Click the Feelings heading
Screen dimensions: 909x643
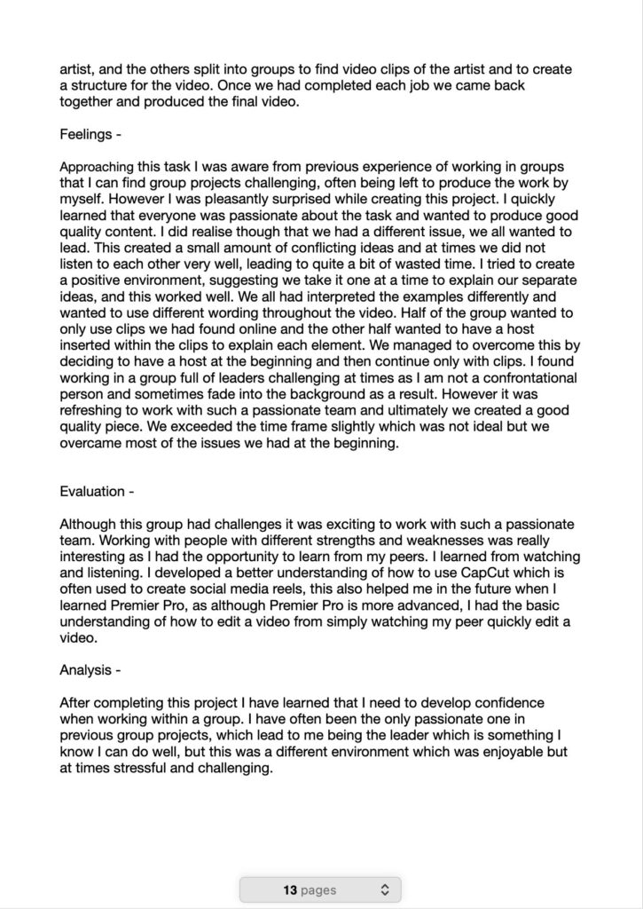[90, 136]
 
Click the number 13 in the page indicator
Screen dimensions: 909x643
[289, 889]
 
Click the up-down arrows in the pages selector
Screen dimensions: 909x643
[384, 889]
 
